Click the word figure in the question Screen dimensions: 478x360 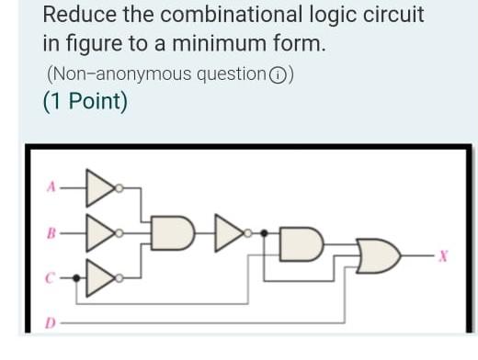pos(86,43)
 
